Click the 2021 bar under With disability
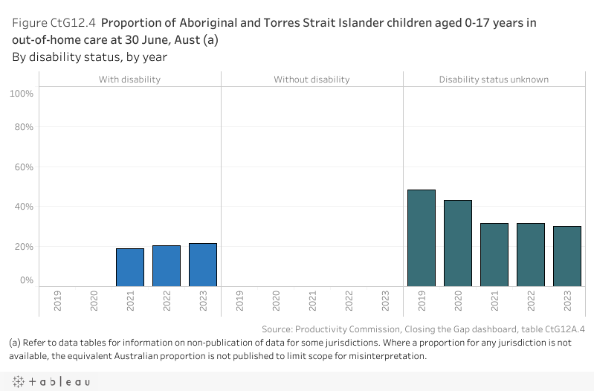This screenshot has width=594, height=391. tap(130, 267)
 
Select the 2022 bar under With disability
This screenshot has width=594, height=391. tap(167, 265)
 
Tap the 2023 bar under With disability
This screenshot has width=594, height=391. tap(203, 265)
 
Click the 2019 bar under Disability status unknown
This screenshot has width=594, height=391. tap(422, 238)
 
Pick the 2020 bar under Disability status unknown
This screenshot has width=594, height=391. tap(458, 243)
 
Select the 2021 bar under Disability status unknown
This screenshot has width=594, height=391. tap(494, 254)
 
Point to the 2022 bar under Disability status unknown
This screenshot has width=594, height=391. tap(531, 254)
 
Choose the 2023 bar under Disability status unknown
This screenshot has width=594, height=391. tap(567, 256)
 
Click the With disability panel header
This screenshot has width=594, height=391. tap(129, 79)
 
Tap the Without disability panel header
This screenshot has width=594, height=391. tap(311, 79)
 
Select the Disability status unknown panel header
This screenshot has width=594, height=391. tap(494, 79)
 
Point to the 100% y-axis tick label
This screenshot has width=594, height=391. tap(22, 93)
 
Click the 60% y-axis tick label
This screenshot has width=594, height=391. tap(24, 167)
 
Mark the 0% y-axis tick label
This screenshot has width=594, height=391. tap(26, 280)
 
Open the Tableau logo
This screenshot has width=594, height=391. tap(51, 381)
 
